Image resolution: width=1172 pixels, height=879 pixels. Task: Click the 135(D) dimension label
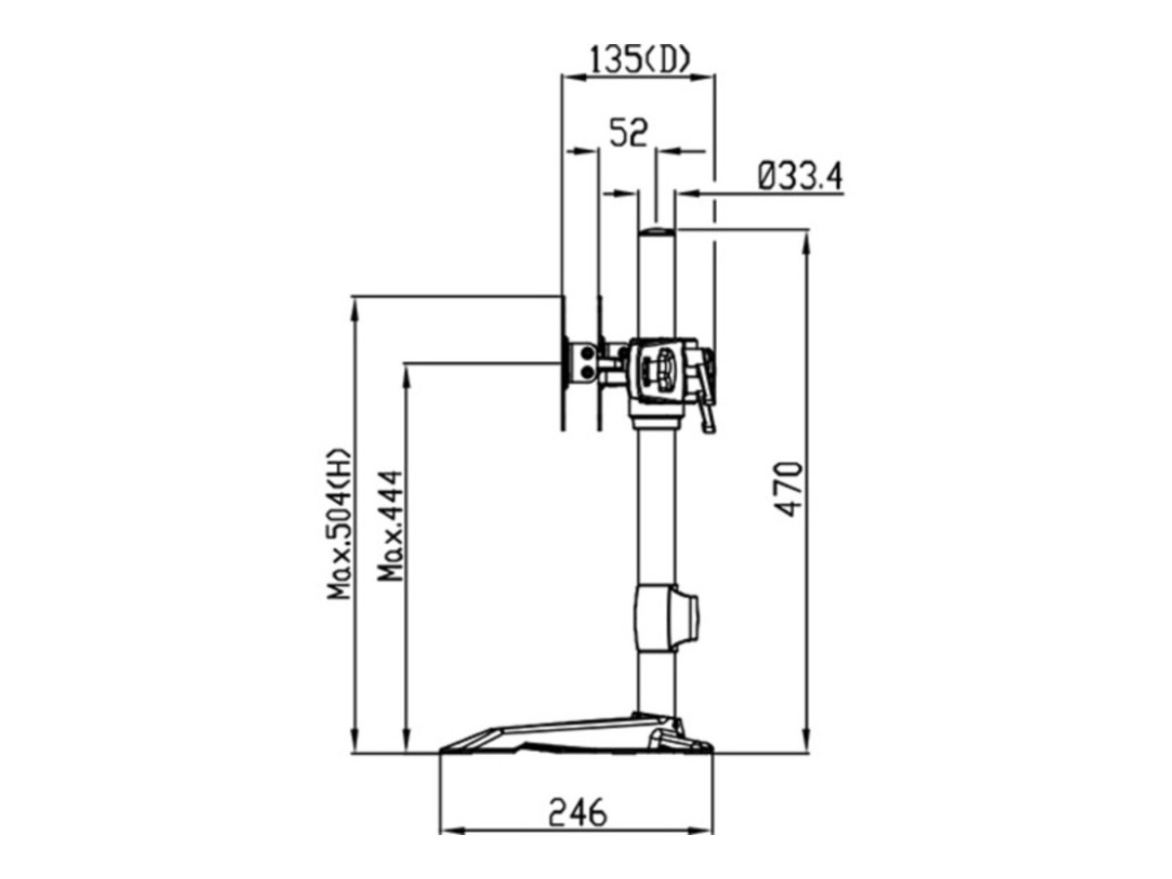pos(638,61)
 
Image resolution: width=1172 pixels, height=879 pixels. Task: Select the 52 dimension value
pos(628,132)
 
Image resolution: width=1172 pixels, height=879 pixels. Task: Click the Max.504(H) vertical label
pos(339,523)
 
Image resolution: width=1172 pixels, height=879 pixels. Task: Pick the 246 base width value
pos(576,811)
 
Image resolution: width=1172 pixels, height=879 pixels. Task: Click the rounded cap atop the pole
pos(656,232)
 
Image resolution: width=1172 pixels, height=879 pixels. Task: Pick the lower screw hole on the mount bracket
pos(586,370)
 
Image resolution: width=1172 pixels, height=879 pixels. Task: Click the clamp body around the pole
pos(664,368)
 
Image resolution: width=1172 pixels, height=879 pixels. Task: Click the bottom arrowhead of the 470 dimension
pos(807,744)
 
